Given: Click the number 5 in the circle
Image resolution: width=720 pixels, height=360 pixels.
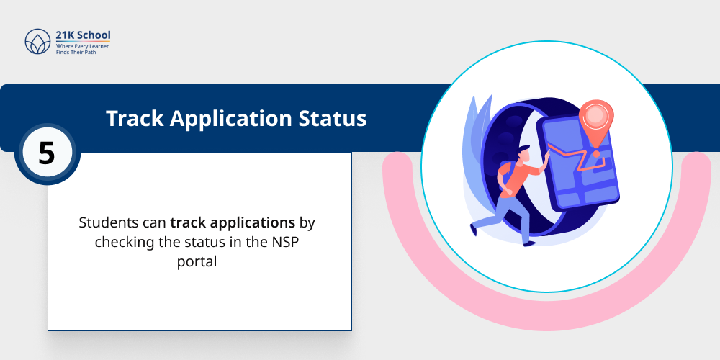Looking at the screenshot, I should click(46, 153).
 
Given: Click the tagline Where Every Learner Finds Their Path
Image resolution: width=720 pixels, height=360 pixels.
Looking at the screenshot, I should click(82, 49).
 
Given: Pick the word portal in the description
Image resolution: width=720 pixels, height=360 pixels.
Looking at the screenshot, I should click(197, 261).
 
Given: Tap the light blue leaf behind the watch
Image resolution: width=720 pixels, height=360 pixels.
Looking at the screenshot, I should click(476, 144).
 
